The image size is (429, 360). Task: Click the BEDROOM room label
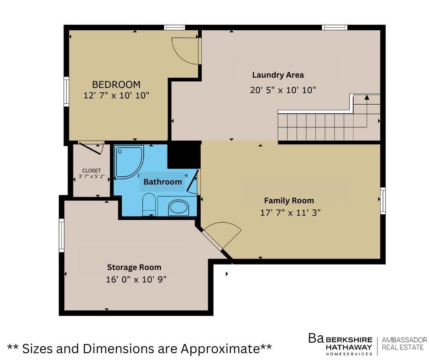pos(116,85)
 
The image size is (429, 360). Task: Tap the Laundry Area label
pos(278,75)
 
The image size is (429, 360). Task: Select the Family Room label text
pos(289,201)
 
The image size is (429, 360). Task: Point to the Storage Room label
pos(134,267)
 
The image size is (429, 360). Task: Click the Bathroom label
pos(163,182)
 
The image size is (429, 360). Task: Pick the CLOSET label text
pos(91,170)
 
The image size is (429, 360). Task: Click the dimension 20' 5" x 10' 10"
pos(283,90)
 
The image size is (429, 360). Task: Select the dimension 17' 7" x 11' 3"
pos(290,212)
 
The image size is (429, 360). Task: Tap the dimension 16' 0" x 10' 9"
pos(136,280)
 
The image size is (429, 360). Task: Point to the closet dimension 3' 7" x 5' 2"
pos(92,176)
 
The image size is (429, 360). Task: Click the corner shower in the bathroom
pos(129,162)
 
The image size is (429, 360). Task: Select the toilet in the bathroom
pos(149,204)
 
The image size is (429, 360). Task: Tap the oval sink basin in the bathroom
pos(178,207)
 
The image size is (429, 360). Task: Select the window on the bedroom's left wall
pos(66,91)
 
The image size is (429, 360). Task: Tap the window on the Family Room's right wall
pos(383,201)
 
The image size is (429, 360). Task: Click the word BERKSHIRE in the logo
pos(349,340)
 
